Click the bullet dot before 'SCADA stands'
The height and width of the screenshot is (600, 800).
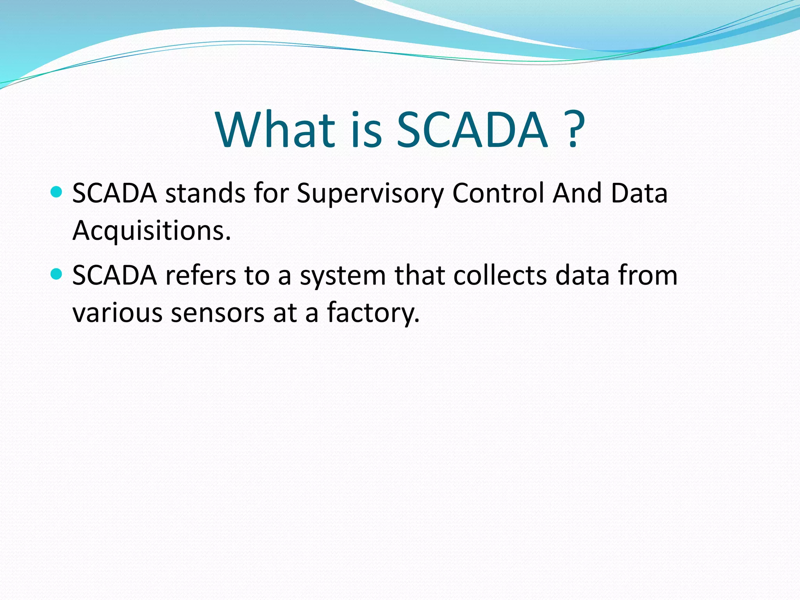[x=57, y=192]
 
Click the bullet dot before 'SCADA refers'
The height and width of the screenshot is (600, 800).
[x=57, y=274]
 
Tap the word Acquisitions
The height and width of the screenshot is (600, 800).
[x=152, y=231]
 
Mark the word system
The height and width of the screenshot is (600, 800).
[x=343, y=276]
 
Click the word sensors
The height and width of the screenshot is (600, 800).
[x=218, y=313]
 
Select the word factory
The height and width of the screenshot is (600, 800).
[x=373, y=313]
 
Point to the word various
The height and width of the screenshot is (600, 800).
[x=117, y=313]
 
